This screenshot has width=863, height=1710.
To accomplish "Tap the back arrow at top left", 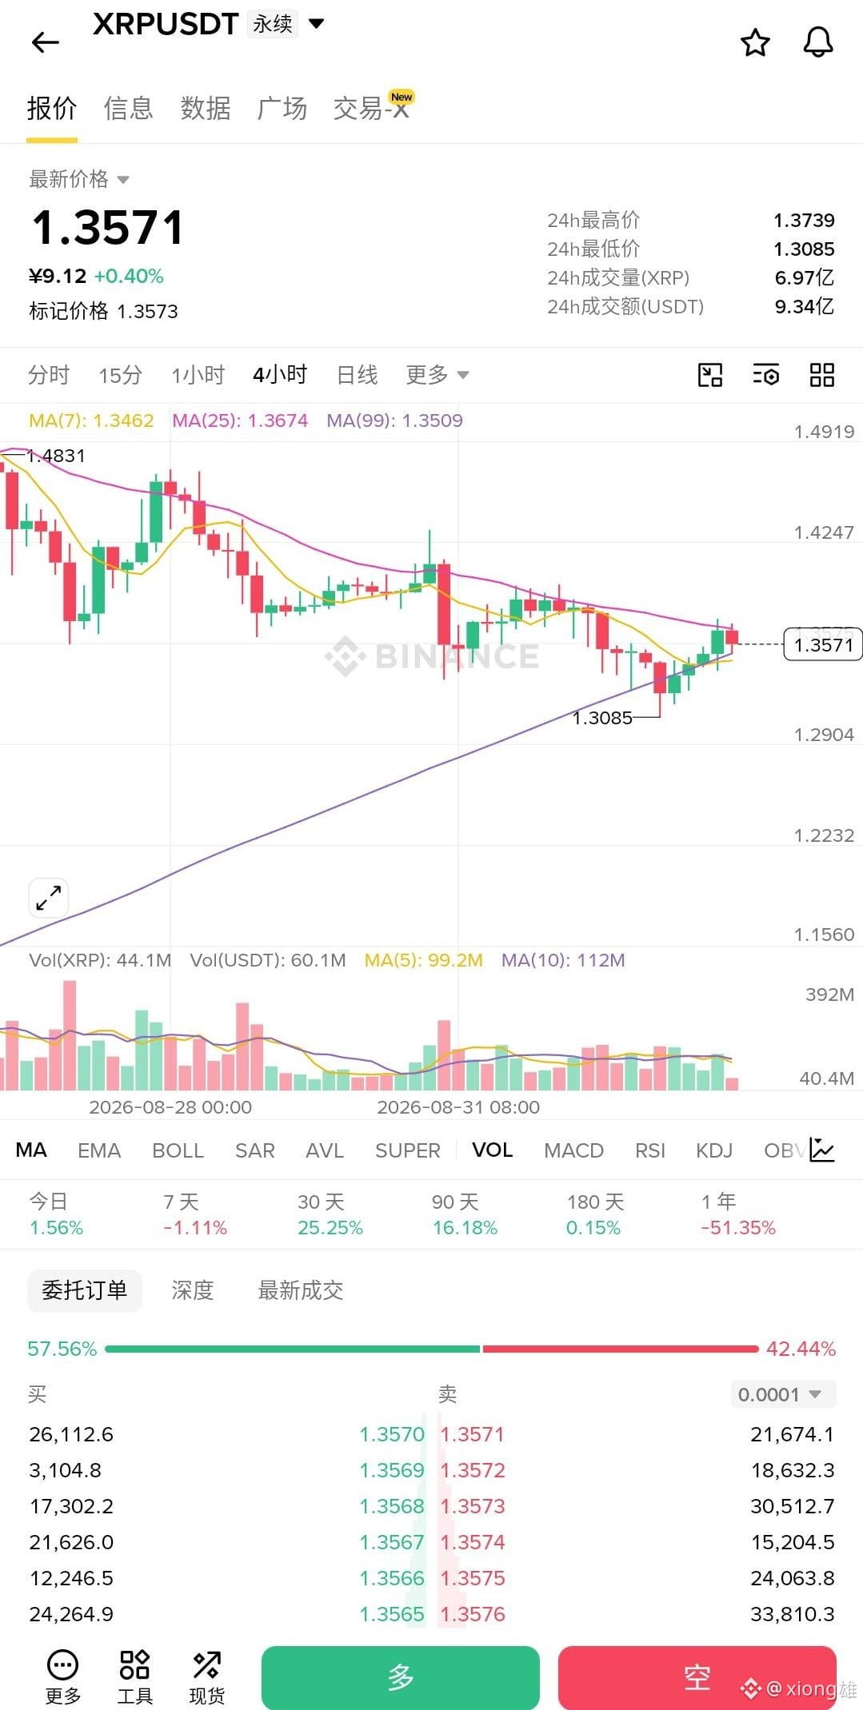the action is tap(46, 42).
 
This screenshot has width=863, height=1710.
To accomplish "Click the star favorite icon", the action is tap(755, 42).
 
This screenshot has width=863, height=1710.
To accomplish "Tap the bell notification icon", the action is tap(817, 42).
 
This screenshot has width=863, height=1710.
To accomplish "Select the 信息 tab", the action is tap(128, 108).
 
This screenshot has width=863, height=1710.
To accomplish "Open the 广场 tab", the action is tap(282, 108).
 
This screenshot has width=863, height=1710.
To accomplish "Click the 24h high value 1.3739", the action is tap(804, 220).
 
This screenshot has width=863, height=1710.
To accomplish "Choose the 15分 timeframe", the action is tap(120, 374).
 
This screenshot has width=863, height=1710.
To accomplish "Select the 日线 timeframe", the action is tap(357, 374).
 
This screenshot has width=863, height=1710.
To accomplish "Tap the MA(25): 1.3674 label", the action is tap(240, 421).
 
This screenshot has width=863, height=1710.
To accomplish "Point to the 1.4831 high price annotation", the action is tap(56, 456).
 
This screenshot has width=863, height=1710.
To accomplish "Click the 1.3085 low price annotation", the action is tap(602, 718).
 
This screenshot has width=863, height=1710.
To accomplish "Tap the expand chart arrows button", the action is tap(49, 898).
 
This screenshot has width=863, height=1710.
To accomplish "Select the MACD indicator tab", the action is tap(573, 1150).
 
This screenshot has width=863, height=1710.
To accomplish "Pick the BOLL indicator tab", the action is tap(178, 1150).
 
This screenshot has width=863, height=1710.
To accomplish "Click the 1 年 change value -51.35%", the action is tap(737, 1228).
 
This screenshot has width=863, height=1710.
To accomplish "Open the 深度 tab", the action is tap(192, 1290).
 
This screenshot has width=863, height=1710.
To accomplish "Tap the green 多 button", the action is tap(400, 1677).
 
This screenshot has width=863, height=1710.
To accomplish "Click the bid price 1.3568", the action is tap(392, 1506).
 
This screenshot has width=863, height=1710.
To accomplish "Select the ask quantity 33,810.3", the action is tap(792, 1614).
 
